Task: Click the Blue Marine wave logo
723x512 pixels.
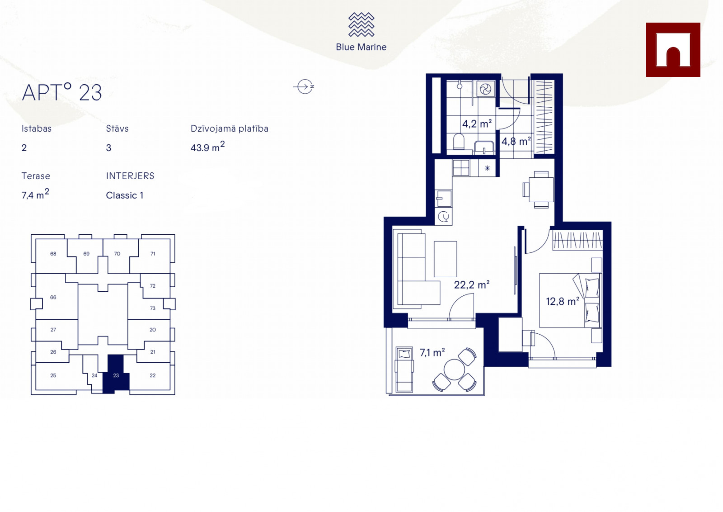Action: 361,24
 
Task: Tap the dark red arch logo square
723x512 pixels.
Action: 673,50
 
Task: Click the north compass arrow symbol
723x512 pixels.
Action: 304,86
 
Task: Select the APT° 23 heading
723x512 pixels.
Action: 61,92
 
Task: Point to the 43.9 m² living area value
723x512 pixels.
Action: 207,147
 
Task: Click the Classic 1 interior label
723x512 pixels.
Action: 125,195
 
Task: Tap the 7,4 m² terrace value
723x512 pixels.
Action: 35,194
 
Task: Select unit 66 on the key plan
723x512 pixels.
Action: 53,297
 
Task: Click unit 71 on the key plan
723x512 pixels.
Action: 153,254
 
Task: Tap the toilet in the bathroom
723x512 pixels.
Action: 459,142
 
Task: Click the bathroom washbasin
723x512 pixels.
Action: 484,147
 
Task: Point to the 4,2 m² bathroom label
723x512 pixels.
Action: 477,123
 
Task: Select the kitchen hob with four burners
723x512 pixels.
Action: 461,168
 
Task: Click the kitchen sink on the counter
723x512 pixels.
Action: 443,199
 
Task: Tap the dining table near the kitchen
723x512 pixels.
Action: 541,190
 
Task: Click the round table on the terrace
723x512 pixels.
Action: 454,370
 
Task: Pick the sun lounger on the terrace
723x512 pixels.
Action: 404,370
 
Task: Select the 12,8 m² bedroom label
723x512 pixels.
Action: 563,301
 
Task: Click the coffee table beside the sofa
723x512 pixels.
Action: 446,259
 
